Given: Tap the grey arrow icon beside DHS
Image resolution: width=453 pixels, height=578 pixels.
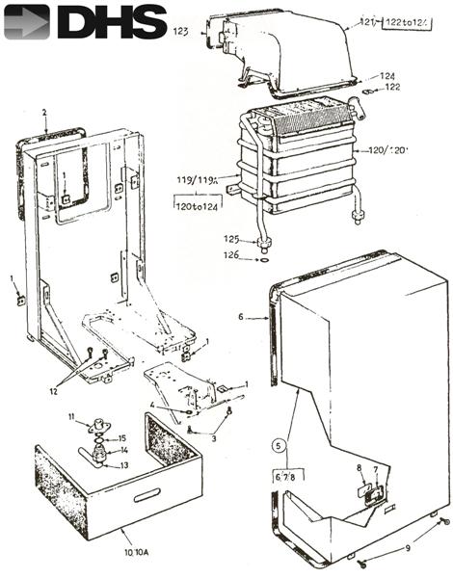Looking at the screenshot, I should [26, 21].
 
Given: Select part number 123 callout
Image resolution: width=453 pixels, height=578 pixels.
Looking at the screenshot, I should [179, 32].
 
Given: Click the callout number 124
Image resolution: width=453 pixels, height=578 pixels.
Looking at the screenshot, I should [387, 75].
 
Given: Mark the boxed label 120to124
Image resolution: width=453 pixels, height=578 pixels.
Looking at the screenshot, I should [194, 205].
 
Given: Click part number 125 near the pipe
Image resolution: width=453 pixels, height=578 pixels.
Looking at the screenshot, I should [231, 239].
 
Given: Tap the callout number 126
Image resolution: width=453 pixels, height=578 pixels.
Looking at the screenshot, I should [231, 256].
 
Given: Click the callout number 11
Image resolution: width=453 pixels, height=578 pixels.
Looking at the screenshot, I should [71, 415].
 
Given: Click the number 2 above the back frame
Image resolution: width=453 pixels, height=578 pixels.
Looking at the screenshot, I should [44, 113].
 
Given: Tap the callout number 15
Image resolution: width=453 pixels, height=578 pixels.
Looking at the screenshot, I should [121, 438].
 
